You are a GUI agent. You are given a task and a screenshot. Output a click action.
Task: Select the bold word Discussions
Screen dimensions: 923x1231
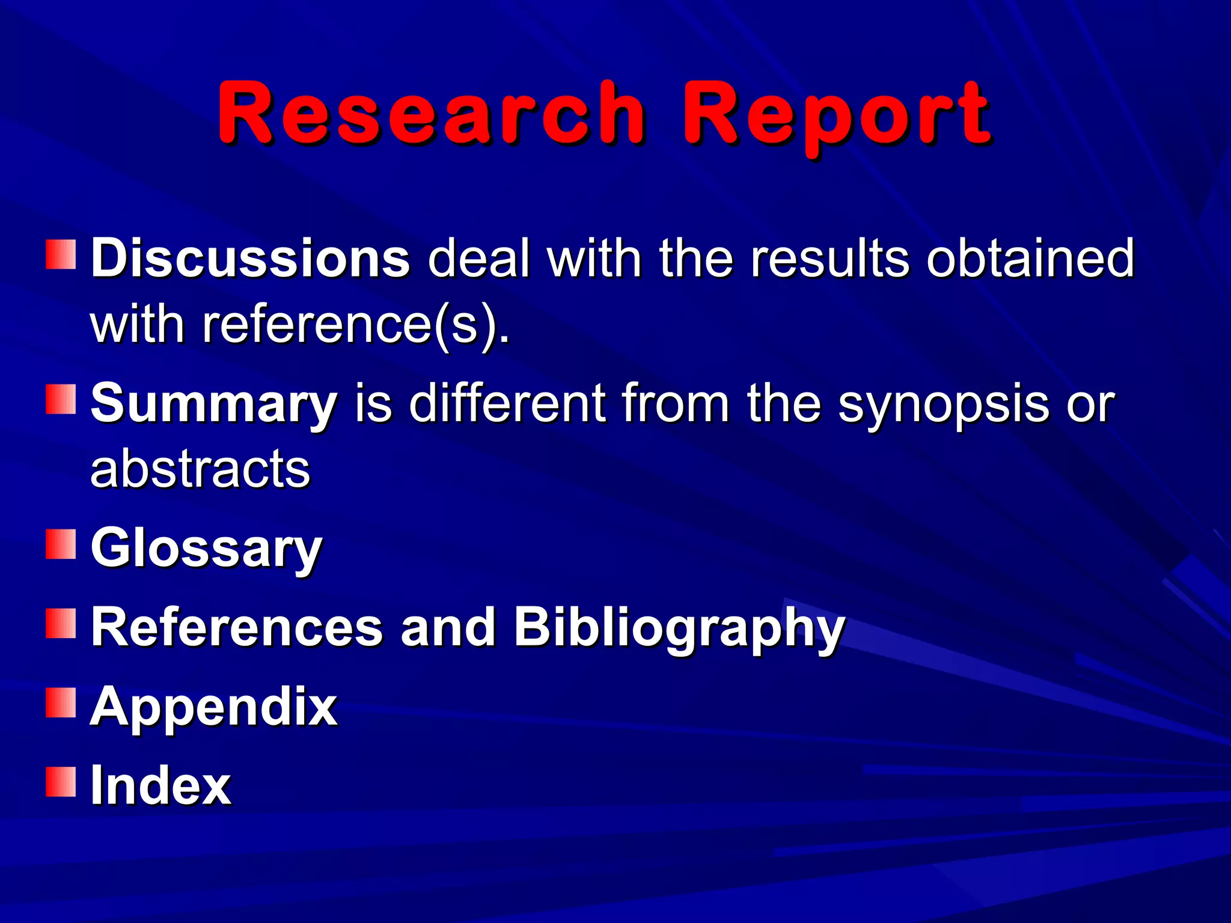[x=251, y=258]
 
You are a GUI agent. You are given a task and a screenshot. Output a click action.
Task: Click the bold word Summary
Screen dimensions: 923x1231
[x=214, y=404]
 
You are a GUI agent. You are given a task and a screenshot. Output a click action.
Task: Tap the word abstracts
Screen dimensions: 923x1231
[x=200, y=469]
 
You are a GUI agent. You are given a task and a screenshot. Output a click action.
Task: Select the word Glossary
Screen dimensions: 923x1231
[x=206, y=549]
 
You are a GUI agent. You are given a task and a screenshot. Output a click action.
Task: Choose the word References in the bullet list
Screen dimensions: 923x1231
[x=237, y=627]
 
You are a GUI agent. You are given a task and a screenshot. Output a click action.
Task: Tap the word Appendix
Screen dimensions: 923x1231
[x=213, y=707]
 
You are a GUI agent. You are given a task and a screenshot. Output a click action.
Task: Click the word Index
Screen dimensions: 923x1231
[x=160, y=785]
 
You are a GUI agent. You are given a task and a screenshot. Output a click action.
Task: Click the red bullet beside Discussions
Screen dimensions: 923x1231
[x=61, y=254]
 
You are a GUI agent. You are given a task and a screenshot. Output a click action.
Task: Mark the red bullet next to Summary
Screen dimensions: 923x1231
[x=61, y=400]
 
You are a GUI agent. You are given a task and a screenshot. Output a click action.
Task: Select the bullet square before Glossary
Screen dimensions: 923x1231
[x=61, y=544]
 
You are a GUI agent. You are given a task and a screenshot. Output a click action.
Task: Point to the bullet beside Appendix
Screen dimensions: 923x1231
[x=61, y=702]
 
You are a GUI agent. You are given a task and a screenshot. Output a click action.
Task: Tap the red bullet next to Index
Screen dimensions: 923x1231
[x=61, y=781]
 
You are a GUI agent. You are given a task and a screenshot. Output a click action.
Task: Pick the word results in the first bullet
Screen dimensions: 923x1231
[x=830, y=258]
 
